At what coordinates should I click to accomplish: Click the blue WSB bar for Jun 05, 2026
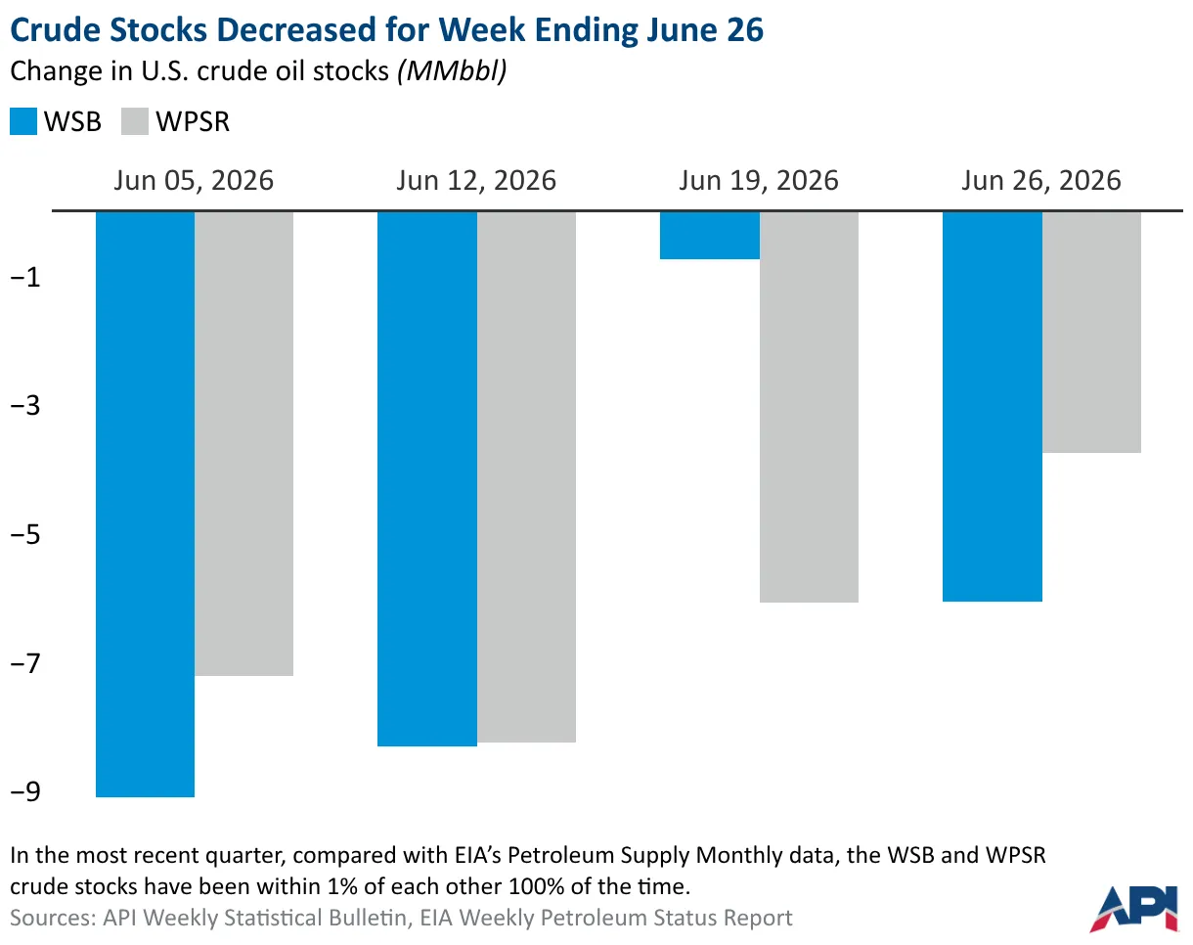pyautogui.click(x=146, y=504)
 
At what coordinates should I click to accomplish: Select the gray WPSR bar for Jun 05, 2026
pyautogui.click(x=243, y=444)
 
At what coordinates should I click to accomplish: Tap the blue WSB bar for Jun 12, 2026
pyautogui.click(x=427, y=479)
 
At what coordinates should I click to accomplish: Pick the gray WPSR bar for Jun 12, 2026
pyautogui.click(x=527, y=477)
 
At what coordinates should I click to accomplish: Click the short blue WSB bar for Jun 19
pyautogui.click(x=710, y=236)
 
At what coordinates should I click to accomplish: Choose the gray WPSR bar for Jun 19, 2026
pyautogui.click(x=810, y=407)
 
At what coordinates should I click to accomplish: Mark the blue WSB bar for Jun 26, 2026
pyautogui.click(x=993, y=407)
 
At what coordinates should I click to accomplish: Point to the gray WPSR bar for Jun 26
pyautogui.click(x=1091, y=333)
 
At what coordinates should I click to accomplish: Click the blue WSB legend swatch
pyautogui.click(x=23, y=121)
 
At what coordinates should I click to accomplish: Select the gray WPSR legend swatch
pyautogui.click(x=135, y=121)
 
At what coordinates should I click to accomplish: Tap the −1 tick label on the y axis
pyautogui.click(x=25, y=277)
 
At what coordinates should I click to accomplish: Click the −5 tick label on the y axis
pyautogui.click(x=25, y=534)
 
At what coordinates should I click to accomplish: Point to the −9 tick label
pyautogui.click(x=25, y=791)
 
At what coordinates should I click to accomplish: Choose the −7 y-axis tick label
pyautogui.click(x=25, y=663)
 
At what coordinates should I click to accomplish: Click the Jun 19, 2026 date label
pyautogui.click(x=759, y=181)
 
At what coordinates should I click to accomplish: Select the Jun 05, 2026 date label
pyautogui.click(x=194, y=181)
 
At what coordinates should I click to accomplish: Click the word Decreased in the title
pyautogui.click(x=296, y=29)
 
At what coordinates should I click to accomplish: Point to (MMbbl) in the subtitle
pyautogui.click(x=452, y=71)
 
